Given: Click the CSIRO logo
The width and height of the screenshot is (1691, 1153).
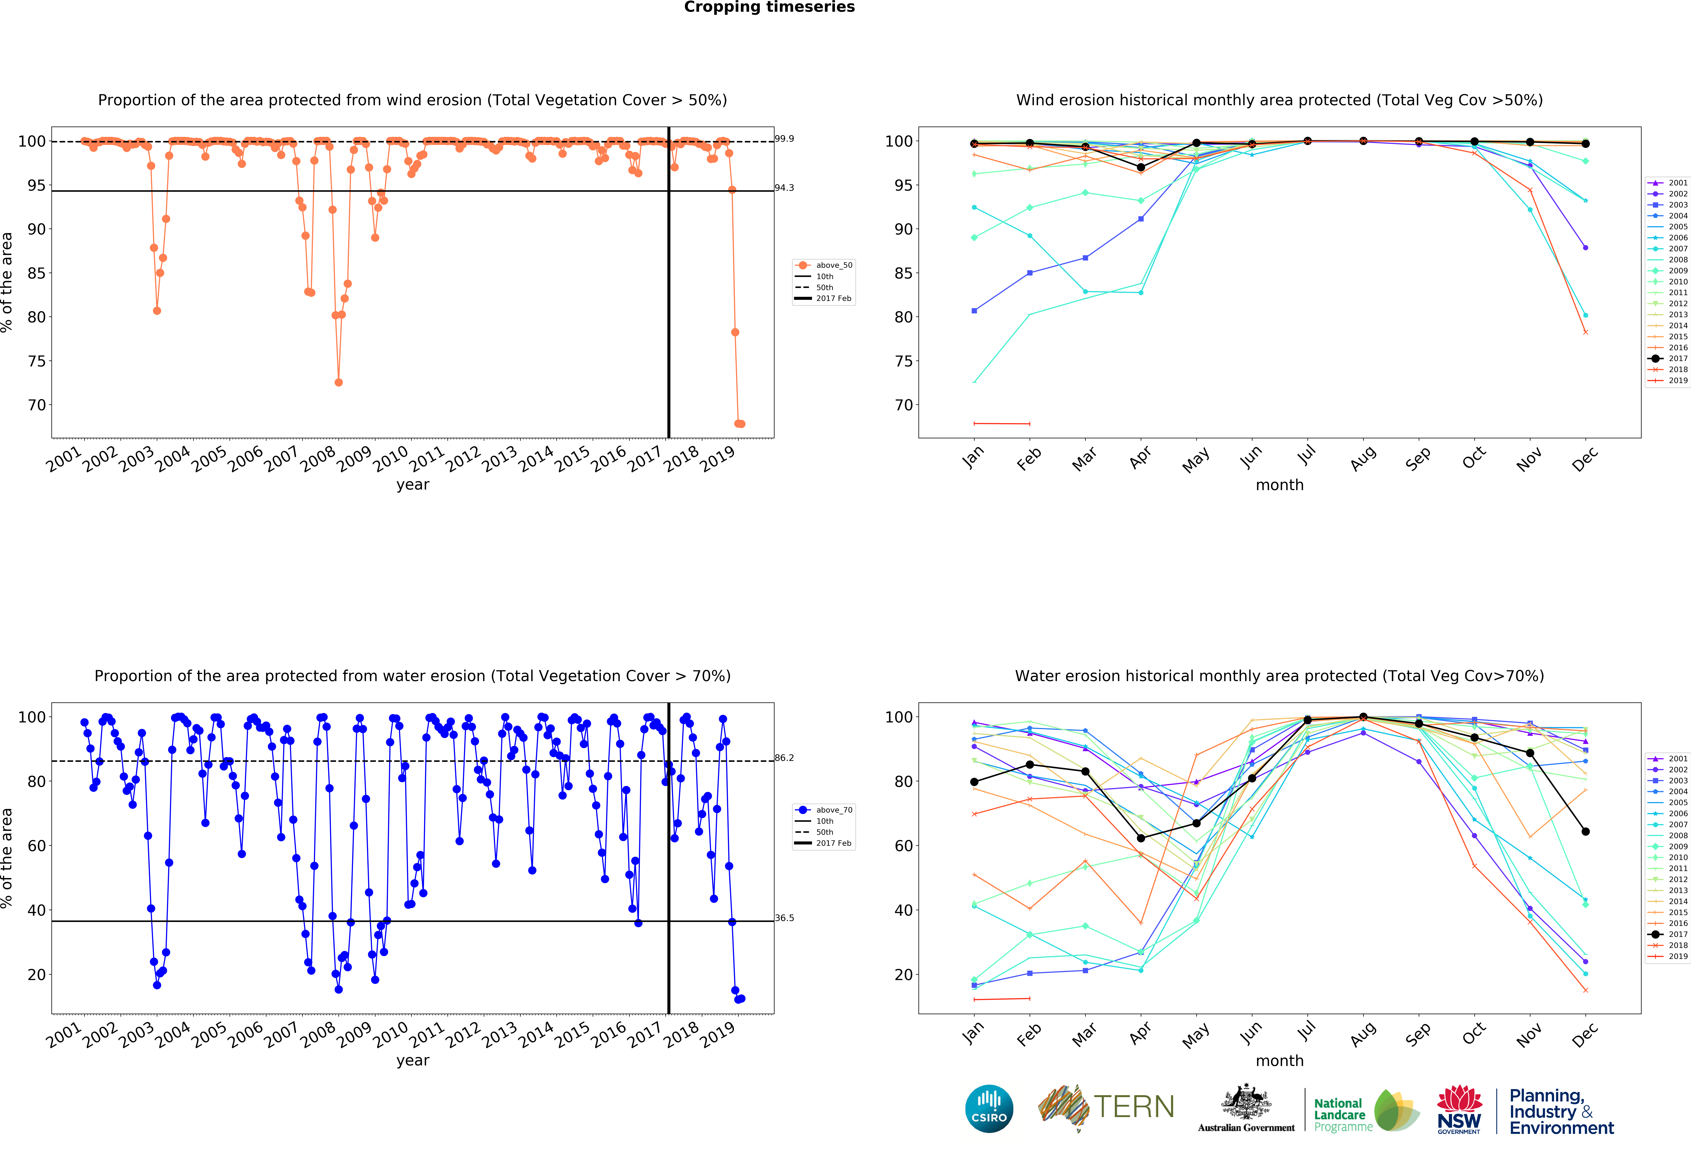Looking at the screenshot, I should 989,1109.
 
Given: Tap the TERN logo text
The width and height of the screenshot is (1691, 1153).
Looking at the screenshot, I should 1134,1107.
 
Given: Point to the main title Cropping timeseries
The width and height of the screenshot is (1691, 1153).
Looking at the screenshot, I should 769,7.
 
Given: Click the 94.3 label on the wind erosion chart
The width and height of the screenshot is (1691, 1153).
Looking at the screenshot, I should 784,188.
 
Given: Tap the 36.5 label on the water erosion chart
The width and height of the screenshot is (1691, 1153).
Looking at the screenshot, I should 784,918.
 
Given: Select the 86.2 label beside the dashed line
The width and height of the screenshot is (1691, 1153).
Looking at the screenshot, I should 784,758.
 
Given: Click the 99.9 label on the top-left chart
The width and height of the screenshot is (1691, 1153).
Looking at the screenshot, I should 784,138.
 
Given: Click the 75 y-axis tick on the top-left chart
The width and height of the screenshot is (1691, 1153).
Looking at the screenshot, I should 36,361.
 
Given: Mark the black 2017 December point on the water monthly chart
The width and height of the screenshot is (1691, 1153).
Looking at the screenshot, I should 1585,831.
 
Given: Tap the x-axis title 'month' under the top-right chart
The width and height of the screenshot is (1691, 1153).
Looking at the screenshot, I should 1279,485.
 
